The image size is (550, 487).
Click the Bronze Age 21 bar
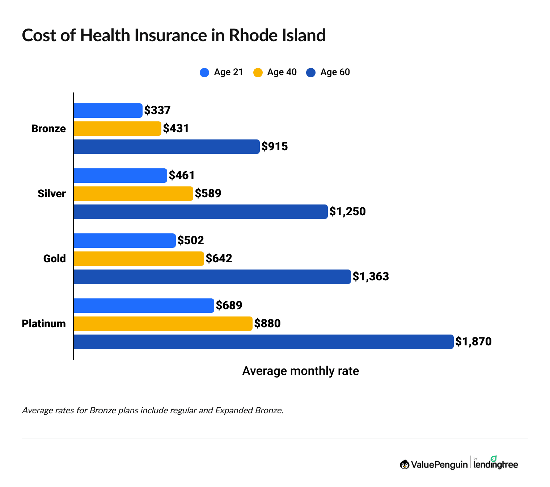pos(108,111)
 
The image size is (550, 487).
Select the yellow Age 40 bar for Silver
pos(133,194)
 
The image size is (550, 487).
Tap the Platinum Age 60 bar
pos(263,342)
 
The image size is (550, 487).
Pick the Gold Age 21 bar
pos(124,241)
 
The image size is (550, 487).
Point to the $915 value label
pos(275,147)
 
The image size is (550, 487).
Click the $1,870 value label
pos(473,342)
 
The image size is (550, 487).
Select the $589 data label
pos(208,194)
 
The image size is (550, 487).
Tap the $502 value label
pos(191,241)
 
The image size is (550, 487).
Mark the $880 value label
pos(267,324)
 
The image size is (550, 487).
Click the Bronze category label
pos(48,129)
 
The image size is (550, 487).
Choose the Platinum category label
pos(44,324)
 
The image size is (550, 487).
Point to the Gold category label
pos(54,259)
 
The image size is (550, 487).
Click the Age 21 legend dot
pos(204,73)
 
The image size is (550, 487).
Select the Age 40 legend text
pos(282,72)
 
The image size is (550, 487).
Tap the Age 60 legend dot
pos(311,73)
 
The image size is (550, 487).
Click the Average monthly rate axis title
pos(300,371)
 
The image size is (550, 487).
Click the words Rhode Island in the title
pos(277,35)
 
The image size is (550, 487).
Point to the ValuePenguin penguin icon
pos(405,465)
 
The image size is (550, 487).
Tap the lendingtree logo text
pos(496,464)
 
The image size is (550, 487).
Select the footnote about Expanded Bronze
pos(152,410)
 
